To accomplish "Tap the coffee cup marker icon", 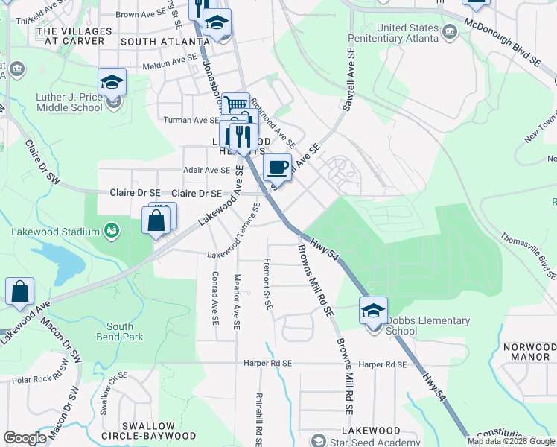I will (x=277, y=167).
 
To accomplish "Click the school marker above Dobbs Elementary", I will (x=373, y=310).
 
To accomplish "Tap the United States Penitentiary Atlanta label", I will (x=407, y=33).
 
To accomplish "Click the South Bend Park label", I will (x=120, y=332).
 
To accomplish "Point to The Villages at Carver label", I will (x=74, y=36).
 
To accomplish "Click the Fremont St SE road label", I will (x=267, y=284).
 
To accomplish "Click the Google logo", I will (x=25, y=438).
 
